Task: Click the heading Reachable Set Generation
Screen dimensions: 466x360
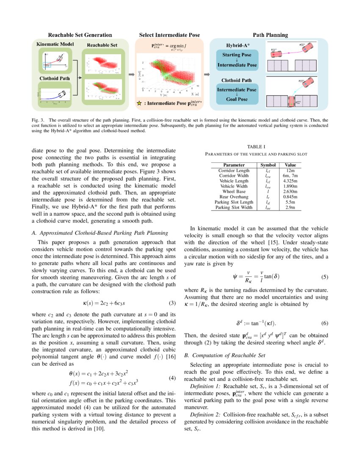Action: click(x=80, y=35)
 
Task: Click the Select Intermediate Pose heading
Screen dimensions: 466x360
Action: click(x=169, y=35)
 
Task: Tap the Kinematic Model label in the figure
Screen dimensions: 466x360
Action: click(x=55, y=44)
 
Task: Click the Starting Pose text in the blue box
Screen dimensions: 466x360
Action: click(x=237, y=55)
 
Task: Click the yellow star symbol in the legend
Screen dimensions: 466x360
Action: click(x=139, y=103)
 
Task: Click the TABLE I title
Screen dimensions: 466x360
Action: click(x=256, y=146)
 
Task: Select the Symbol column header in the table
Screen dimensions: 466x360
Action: click(x=268, y=165)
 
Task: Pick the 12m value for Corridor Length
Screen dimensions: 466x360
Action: click(x=291, y=170)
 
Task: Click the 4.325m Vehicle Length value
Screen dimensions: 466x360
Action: click(x=291, y=181)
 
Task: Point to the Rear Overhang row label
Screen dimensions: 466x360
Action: click(x=234, y=197)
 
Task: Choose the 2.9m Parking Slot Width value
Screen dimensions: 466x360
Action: click(x=291, y=208)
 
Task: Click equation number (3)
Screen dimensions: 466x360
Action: click(x=172, y=303)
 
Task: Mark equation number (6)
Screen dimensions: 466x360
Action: click(x=324, y=323)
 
